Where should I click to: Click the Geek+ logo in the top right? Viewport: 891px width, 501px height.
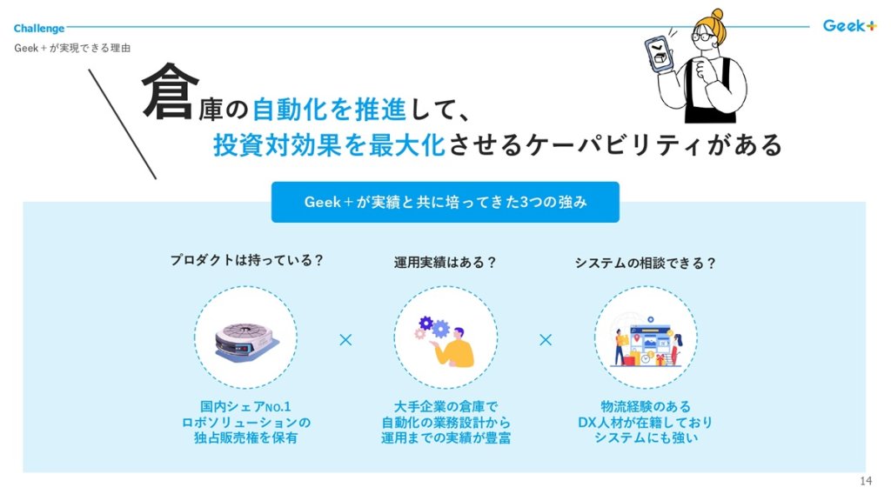[849, 25]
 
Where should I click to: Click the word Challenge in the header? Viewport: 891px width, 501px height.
[39, 28]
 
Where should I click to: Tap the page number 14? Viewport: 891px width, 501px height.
[865, 482]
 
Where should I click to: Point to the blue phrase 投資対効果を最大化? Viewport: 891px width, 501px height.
[330, 145]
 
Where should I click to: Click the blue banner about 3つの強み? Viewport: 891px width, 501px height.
[445, 202]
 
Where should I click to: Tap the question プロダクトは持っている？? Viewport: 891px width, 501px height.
[246, 259]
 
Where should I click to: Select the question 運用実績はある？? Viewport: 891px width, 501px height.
[445, 262]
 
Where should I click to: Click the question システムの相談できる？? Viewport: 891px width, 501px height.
[645, 262]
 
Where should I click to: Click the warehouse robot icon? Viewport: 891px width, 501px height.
[245, 339]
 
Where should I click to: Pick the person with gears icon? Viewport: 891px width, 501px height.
[445, 339]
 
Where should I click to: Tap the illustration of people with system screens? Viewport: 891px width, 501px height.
[646, 339]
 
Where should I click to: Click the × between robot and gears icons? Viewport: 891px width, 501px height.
[345, 339]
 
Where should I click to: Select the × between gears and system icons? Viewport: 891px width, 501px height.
[546, 339]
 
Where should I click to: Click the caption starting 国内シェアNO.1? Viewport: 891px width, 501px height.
[245, 422]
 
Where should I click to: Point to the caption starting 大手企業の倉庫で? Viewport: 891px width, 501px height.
[445, 422]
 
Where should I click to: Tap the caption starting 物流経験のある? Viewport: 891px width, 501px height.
[646, 422]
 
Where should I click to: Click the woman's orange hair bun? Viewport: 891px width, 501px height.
[716, 16]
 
